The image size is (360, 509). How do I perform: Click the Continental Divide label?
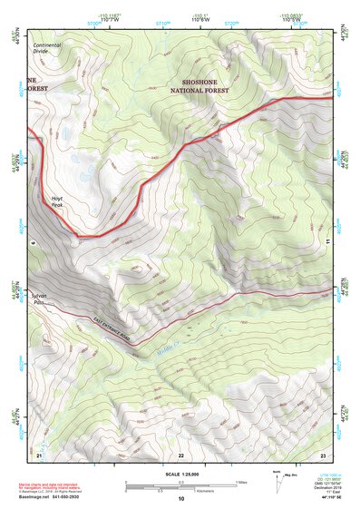[x=47, y=48]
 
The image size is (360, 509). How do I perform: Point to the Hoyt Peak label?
[x=57, y=201]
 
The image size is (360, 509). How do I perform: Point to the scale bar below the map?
[x=180, y=485]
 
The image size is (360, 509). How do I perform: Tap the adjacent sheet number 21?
[x=40, y=454]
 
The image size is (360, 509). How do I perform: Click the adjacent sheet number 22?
[x=180, y=454]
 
